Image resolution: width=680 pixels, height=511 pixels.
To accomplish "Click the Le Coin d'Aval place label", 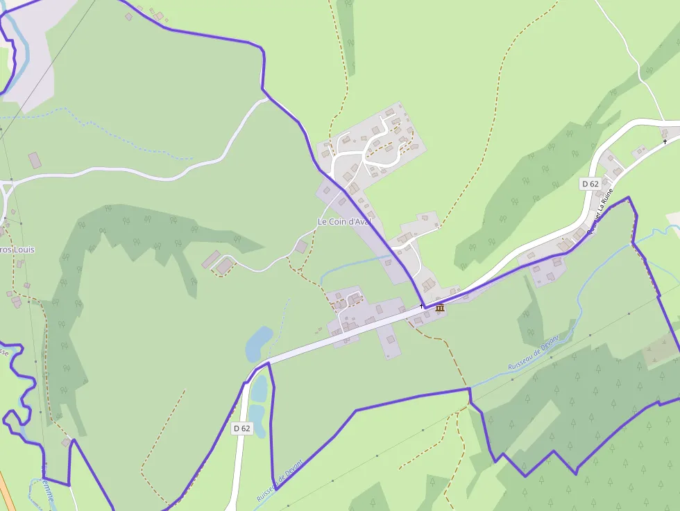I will coord(344,221).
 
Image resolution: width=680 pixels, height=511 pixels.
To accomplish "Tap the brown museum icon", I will coord(440,308).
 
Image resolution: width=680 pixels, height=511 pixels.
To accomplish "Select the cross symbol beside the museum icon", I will coord(421,306).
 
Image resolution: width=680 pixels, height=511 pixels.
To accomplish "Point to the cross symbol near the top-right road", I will coord(665,141).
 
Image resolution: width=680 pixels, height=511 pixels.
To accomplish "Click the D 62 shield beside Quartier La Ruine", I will coord(590,184).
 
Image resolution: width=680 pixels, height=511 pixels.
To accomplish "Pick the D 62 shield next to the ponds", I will coord(241,428).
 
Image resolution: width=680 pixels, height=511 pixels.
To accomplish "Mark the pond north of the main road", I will coord(259,343).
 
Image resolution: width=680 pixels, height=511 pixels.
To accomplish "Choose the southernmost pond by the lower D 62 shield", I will coord(257,419).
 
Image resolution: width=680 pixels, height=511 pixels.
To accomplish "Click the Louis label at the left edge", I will coord(17,250).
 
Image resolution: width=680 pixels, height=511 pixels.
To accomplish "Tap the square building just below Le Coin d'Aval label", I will coord(301,248).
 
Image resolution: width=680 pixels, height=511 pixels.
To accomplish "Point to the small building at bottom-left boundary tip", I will coord(66,442).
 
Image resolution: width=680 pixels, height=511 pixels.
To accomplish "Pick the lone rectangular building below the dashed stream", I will coord(35,161).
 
